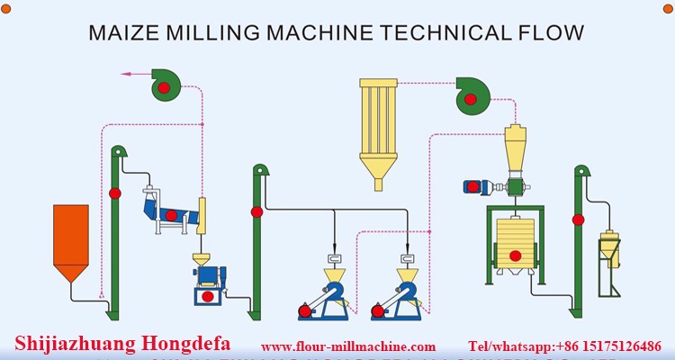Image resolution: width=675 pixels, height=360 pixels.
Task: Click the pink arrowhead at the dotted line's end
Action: (x=125, y=72)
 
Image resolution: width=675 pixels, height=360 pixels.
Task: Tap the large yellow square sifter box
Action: (x=515, y=241)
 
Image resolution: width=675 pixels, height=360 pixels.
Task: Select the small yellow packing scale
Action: (x=609, y=247)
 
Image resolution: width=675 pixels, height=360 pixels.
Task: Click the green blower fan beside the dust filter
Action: (x=470, y=93)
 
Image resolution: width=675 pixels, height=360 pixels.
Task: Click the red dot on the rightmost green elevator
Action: (x=577, y=219)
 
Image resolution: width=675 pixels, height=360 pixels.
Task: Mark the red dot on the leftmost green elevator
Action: (x=114, y=193)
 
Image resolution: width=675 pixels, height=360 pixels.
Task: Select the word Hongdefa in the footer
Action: (x=184, y=342)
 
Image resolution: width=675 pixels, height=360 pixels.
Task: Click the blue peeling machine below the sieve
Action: (x=207, y=287)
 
